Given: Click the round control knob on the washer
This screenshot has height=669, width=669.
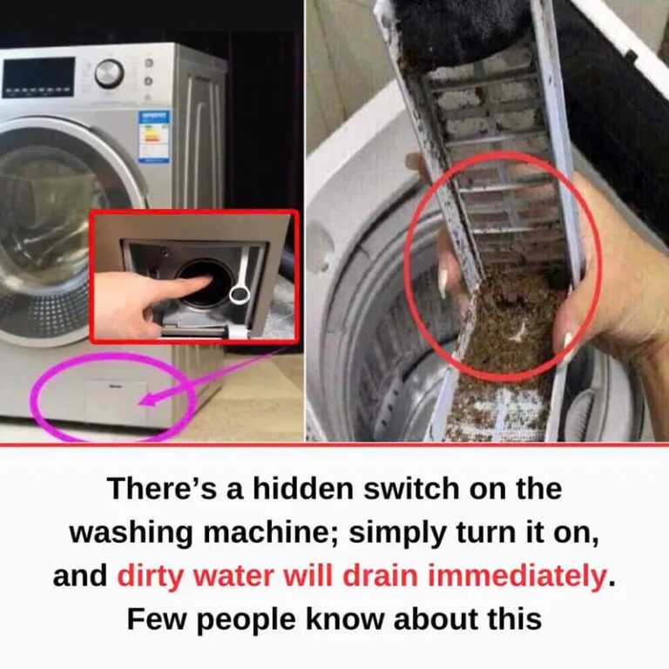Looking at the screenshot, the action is [x=109, y=73].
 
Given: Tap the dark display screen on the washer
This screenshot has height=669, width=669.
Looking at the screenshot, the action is [x=38, y=76].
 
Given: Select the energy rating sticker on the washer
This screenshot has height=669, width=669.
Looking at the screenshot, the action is [x=153, y=137].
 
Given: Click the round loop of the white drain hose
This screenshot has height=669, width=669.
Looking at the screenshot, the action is [x=239, y=295].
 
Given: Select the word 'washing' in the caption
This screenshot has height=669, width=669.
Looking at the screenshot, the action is [x=131, y=533].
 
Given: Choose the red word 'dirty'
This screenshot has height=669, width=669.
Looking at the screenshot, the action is [x=149, y=577].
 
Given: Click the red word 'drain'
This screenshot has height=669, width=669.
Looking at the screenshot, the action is [x=380, y=576].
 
